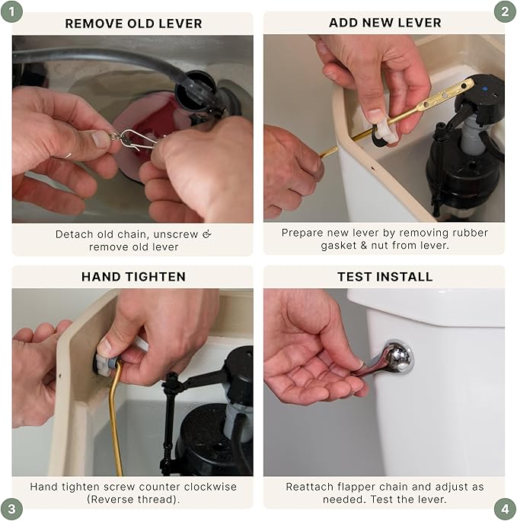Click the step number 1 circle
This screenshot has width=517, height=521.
pos(11,12)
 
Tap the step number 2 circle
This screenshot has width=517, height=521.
pos(505,12)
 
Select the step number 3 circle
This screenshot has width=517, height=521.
pos(11,509)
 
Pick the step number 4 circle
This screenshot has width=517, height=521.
pos(505,509)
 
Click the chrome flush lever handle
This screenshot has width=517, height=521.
pos(388,360)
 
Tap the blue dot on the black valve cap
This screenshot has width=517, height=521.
pos(485,89)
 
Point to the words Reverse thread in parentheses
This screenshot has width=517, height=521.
pos(133,500)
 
